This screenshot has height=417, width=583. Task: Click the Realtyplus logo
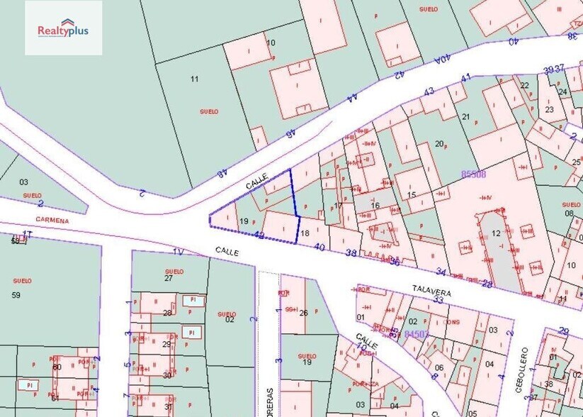tap(63, 28)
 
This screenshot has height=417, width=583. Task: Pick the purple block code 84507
tap(417, 333)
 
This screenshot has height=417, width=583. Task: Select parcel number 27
tap(169, 278)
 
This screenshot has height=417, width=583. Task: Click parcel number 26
tap(303, 313)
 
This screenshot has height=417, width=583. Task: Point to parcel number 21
tap(465, 116)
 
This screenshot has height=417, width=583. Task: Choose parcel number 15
tap(412, 195)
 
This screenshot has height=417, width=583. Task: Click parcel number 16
tap(375, 206)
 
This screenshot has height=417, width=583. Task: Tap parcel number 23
tap(550, 109)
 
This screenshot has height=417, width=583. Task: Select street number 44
tap(352, 99)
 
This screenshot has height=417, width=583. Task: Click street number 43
tap(429, 91)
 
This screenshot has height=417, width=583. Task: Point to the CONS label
tap(453, 321)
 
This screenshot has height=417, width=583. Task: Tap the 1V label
tap(177, 251)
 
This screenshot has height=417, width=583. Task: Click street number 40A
tap(442, 61)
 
